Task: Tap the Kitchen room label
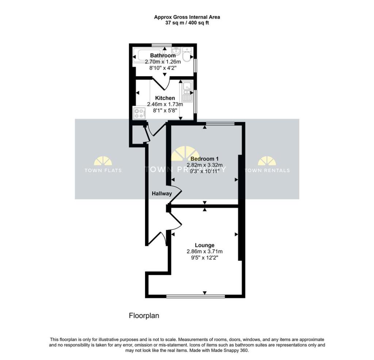coord(165,98)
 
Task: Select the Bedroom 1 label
coord(205,159)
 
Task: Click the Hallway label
coord(162,194)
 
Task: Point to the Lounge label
coord(205,245)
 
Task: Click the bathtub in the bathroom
coord(148,54)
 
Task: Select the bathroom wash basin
coord(176,50)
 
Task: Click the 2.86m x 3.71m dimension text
coord(205,252)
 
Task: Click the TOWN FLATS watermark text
coord(103,170)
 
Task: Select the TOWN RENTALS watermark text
coord(267,170)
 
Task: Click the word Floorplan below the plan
coord(144,315)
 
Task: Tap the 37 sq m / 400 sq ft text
coord(187,23)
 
